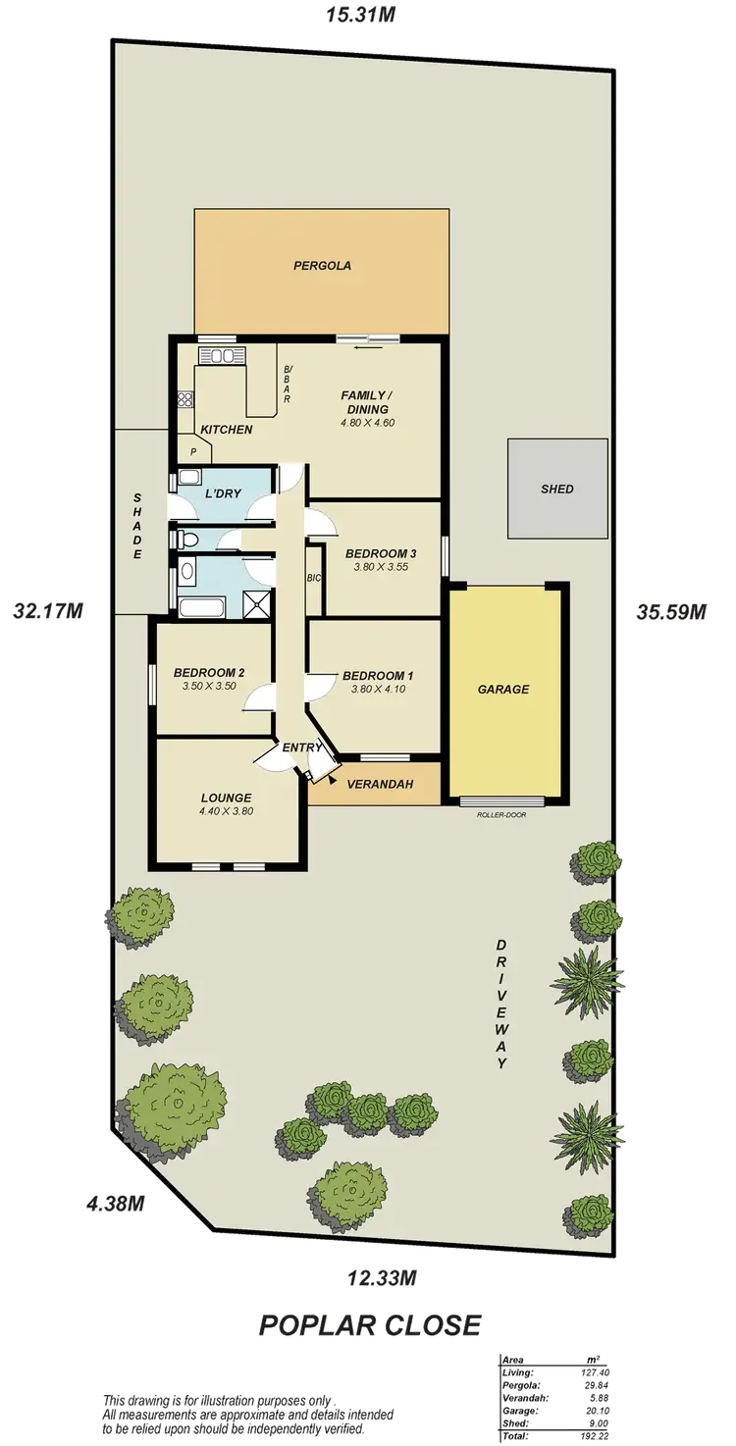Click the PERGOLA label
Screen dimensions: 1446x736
(322, 265)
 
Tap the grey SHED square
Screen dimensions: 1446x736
(556, 489)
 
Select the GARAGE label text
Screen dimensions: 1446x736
(503, 690)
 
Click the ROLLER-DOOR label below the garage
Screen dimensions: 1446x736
(501, 814)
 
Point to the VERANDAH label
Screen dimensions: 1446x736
(379, 784)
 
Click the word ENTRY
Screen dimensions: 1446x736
(302, 748)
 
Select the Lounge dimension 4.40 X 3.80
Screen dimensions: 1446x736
(227, 811)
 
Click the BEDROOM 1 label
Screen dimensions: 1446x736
(378, 675)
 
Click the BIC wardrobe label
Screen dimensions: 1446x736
(314, 579)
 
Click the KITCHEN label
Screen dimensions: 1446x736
(227, 430)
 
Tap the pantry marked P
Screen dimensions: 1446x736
(193, 452)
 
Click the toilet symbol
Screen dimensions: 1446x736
(190, 539)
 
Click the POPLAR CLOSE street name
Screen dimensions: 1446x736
(370, 1326)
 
